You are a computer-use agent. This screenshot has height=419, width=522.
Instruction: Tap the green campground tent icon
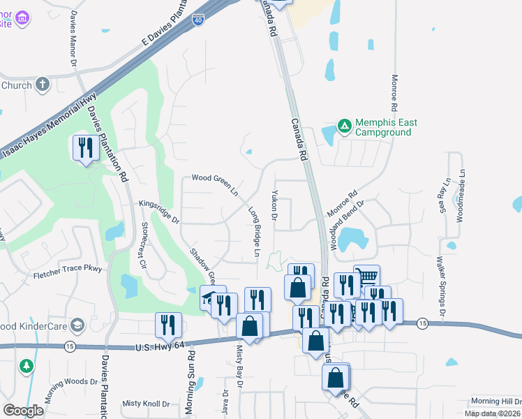(x=344, y=126)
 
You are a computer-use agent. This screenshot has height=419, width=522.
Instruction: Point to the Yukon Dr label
(x=275, y=207)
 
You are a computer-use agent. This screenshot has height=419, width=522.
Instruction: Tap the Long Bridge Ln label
(x=255, y=228)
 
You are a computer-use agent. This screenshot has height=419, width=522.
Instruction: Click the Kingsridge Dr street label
(x=159, y=213)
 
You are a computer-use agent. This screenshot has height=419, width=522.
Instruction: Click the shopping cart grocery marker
(x=367, y=274)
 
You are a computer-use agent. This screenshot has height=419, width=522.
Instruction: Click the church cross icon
(x=43, y=85)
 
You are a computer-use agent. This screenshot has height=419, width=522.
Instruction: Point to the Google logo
(x=24, y=410)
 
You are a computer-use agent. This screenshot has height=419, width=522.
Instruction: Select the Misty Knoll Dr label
(x=146, y=404)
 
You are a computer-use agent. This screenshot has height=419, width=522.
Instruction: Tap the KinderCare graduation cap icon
(x=77, y=325)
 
